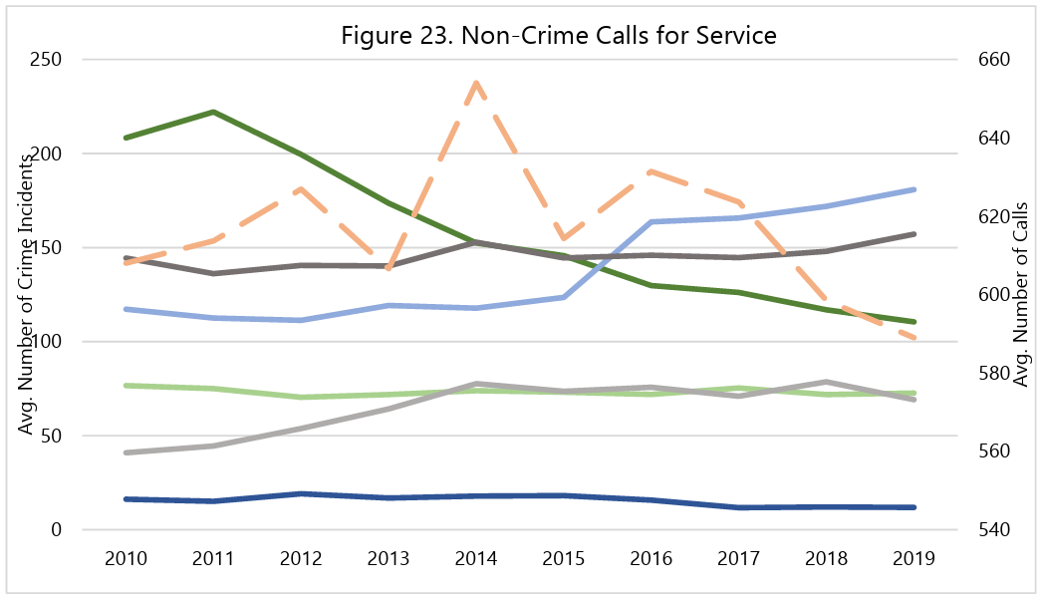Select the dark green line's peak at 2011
(x=213, y=112)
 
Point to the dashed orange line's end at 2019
(x=914, y=339)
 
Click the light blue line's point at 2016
(x=651, y=221)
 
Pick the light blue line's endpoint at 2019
(x=914, y=189)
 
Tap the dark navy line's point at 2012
(x=301, y=493)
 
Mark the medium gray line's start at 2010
(x=126, y=452)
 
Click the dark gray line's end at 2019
(x=914, y=234)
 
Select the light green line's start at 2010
(x=126, y=386)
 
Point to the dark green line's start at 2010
(x=126, y=138)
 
